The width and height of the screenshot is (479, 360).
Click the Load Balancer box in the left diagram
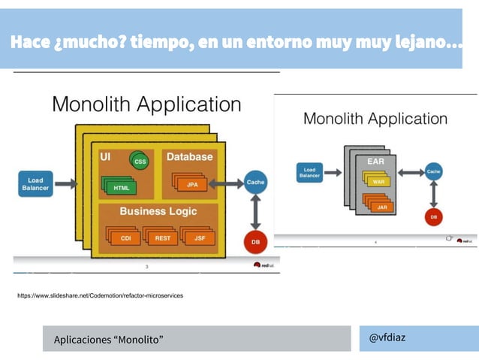[35, 183]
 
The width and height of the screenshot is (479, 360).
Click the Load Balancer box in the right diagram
[309, 173]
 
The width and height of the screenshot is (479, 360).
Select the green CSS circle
[139, 161]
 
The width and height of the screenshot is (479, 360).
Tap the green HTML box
[120, 187]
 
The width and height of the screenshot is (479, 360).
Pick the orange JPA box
[191, 184]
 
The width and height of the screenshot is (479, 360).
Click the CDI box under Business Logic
[125, 238]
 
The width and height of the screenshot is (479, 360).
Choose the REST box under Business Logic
[162, 238]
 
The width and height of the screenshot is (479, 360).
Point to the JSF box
[199, 238]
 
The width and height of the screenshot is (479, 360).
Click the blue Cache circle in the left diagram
[255, 183]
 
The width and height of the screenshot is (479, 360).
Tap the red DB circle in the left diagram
[255, 242]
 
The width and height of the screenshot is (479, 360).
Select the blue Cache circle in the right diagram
[433, 172]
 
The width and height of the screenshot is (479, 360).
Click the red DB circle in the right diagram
[433, 216]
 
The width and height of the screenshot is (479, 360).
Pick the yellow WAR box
[378, 181]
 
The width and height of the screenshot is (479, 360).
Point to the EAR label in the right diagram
[375, 161]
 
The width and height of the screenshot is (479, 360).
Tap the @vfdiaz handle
[387, 337]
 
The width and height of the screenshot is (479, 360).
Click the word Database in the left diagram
[189, 157]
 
